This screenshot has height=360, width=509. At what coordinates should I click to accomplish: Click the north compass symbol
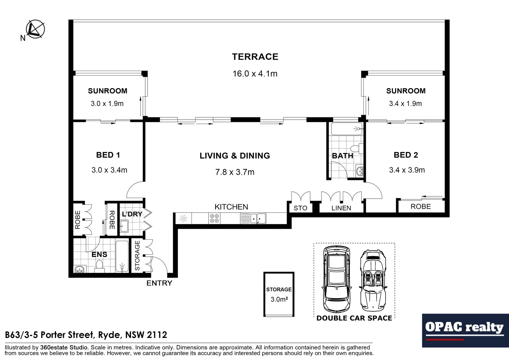point(35,29)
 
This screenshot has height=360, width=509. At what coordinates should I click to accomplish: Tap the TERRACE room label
point(255,57)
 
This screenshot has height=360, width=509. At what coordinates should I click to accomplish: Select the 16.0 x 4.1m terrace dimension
point(255,74)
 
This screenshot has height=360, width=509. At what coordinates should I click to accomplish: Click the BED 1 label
point(108,155)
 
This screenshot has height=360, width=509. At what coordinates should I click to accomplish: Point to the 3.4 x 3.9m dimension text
point(407,170)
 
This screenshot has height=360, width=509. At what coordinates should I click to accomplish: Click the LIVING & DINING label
point(235,156)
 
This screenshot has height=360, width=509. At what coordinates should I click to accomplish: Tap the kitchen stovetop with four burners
point(214,219)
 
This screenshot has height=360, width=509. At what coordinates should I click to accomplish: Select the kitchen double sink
point(257,219)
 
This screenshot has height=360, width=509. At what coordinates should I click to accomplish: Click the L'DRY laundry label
point(132,214)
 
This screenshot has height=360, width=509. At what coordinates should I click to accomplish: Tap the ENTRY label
point(159,283)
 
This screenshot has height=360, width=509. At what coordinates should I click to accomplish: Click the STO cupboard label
point(300,208)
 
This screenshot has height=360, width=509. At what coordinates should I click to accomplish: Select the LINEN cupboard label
point(341,208)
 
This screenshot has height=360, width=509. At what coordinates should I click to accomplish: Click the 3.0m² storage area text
point(279,299)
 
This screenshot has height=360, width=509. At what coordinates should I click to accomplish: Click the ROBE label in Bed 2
point(420,206)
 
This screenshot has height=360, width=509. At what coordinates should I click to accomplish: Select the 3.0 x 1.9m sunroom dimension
point(107,104)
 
